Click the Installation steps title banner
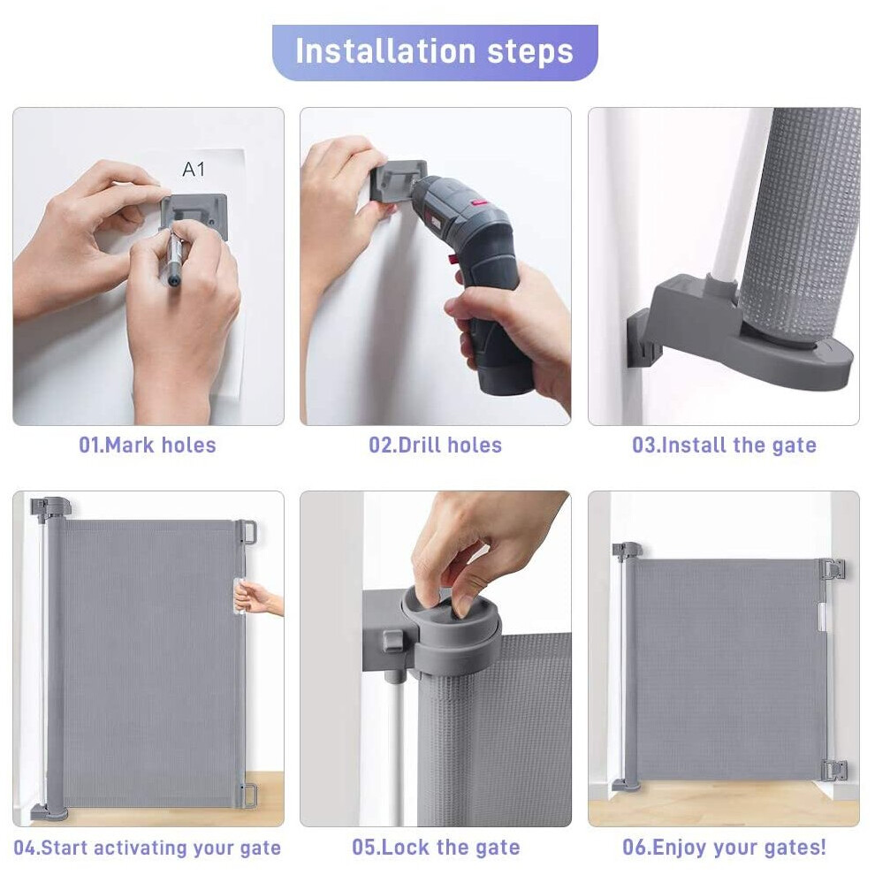pyautogui.click(x=435, y=52)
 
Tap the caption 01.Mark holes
pyautogui.click(x=148, y=445)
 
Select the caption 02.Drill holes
pyautogui.click(x=435, y=445)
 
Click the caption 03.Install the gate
pyautogui.click(x=724, y=445)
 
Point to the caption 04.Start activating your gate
pyautogui.click(x=148, y=848)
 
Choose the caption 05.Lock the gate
pyautogui.click(x=435, y=848)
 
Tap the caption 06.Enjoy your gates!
pyautogui.click(x=724, y=848)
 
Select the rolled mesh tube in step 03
pyautogui.click(x=800, y=221)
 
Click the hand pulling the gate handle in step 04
pyautogui.click(x=259, y=601)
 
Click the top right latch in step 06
pyautogui.click(x=832, y=570)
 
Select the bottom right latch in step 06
pyautogui.click(x=832, y=769)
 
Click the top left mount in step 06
pyautogui.click(x=626, y=552)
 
